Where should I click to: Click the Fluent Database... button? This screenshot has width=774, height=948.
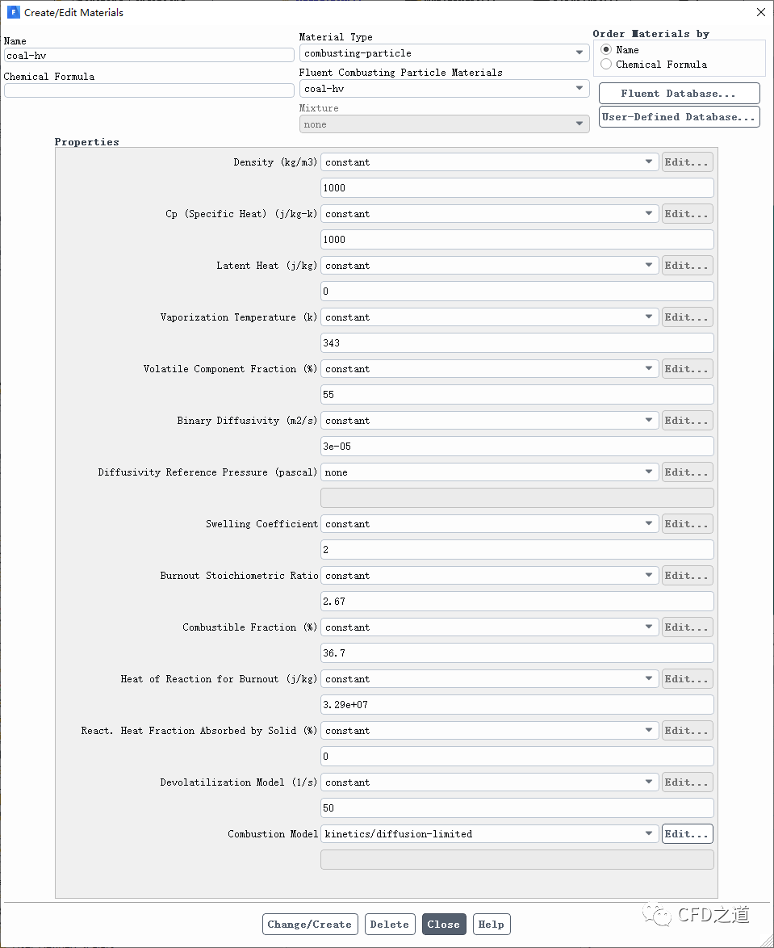[679, 94]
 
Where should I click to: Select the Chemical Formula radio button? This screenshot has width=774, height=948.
[606, 65]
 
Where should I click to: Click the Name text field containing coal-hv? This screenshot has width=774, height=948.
[149, 55]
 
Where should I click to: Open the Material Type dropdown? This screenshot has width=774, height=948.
[444, 53]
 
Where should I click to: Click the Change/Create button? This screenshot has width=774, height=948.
[309, 925]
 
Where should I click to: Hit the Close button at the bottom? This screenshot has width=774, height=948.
[443, 925]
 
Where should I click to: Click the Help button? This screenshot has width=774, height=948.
[491, 925]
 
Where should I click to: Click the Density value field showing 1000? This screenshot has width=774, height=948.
[517, 188]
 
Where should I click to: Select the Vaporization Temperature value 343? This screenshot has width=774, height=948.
[517, 343]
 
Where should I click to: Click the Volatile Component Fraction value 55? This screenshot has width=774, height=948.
[517, 395]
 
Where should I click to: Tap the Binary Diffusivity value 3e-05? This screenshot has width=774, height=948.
[517, 447]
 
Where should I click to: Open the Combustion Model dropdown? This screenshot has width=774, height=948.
[489, 834]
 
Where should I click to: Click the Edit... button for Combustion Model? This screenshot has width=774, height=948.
[687, 834]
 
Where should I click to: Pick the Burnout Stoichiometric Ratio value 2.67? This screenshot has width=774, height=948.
[517, 602]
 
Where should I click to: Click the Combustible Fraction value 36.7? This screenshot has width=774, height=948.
[517, 653]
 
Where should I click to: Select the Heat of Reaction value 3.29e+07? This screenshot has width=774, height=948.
[517, 705]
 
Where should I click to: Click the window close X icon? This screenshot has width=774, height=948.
[760, 12]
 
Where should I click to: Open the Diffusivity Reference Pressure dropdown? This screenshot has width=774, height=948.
[489, 472]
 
